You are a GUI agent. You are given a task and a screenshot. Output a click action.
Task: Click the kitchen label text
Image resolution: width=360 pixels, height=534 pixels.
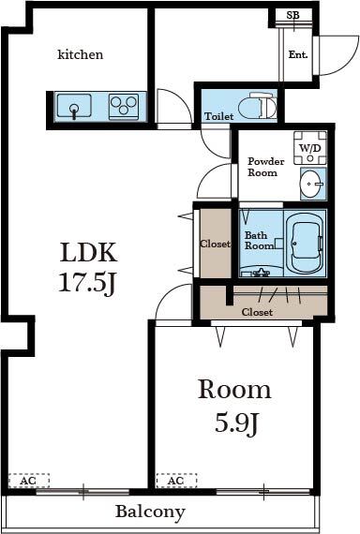coord(81,55)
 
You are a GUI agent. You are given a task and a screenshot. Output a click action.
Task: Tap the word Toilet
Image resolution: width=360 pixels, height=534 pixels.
coord(218,117)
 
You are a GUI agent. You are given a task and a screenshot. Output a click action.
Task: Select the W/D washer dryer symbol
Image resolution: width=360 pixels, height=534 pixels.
coord(309,149)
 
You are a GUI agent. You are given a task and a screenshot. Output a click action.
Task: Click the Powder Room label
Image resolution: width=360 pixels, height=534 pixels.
coord(262,167)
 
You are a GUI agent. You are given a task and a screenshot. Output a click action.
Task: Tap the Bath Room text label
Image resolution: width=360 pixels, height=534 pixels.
coord(258,241)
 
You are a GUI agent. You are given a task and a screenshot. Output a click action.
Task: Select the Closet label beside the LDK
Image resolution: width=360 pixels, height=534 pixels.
coord(215,245)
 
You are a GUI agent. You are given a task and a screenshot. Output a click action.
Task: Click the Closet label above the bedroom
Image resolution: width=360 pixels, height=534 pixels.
coord(257,312)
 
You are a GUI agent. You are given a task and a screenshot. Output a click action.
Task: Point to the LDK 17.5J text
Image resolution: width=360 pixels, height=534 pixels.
coord(88,266)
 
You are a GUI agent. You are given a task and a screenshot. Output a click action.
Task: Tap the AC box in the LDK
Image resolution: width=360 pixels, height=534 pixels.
coord(28,481)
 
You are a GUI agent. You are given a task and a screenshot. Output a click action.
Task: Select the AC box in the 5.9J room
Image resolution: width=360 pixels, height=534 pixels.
coord(176,481)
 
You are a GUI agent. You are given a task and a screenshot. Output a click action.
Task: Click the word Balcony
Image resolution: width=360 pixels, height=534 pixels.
coord(150,512)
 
